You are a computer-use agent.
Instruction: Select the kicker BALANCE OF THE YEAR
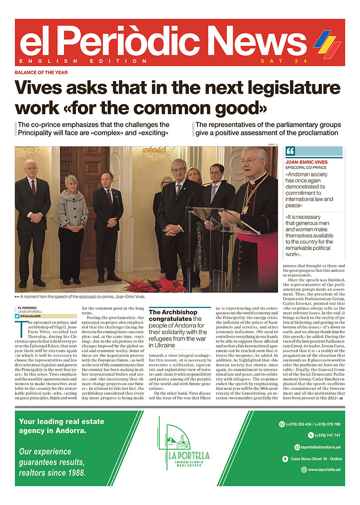[x=41, y=73]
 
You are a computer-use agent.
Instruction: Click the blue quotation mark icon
[x=290, y=151]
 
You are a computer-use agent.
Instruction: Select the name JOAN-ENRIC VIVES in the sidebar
[x=306, y=163]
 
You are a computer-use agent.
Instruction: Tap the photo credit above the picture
[x=272, y=144]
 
